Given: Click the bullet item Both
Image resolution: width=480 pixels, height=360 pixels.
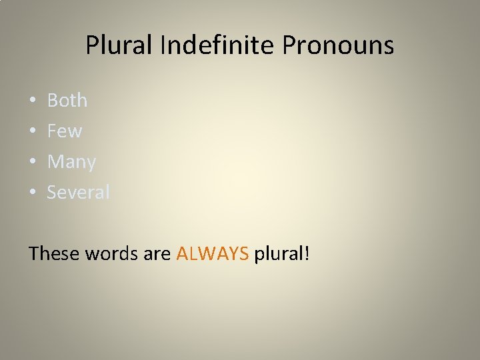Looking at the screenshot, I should point(67,101).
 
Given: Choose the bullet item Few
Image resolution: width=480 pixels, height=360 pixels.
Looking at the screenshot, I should point(65,131).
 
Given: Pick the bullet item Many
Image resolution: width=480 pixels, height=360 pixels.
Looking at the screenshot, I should point(71,162).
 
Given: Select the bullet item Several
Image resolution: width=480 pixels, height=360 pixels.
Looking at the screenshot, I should point(79,193).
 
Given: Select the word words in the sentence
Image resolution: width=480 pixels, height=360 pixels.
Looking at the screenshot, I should point(115,253).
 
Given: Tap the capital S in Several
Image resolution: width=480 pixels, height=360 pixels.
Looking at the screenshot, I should point(53,193).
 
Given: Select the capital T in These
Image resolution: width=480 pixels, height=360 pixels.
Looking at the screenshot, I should point(35,253).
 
